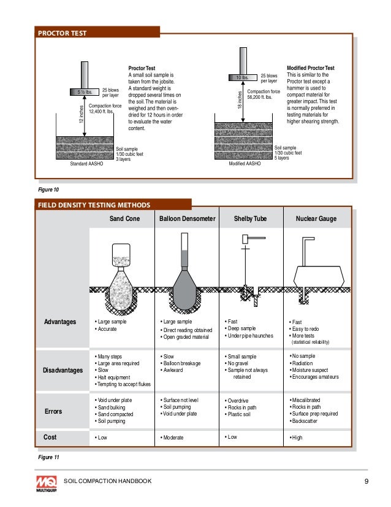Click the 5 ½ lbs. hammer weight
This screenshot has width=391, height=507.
click(83, 92)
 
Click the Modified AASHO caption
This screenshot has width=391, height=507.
click(245, 164)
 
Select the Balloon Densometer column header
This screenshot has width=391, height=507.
click(188, 219)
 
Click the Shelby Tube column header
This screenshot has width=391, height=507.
click(251, 219)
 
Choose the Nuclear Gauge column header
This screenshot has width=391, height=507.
click(316, 219)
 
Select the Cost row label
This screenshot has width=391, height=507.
click(51, 436)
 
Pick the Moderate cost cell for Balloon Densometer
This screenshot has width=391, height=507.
click(173, 438)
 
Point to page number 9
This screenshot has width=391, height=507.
click(366, 481)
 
